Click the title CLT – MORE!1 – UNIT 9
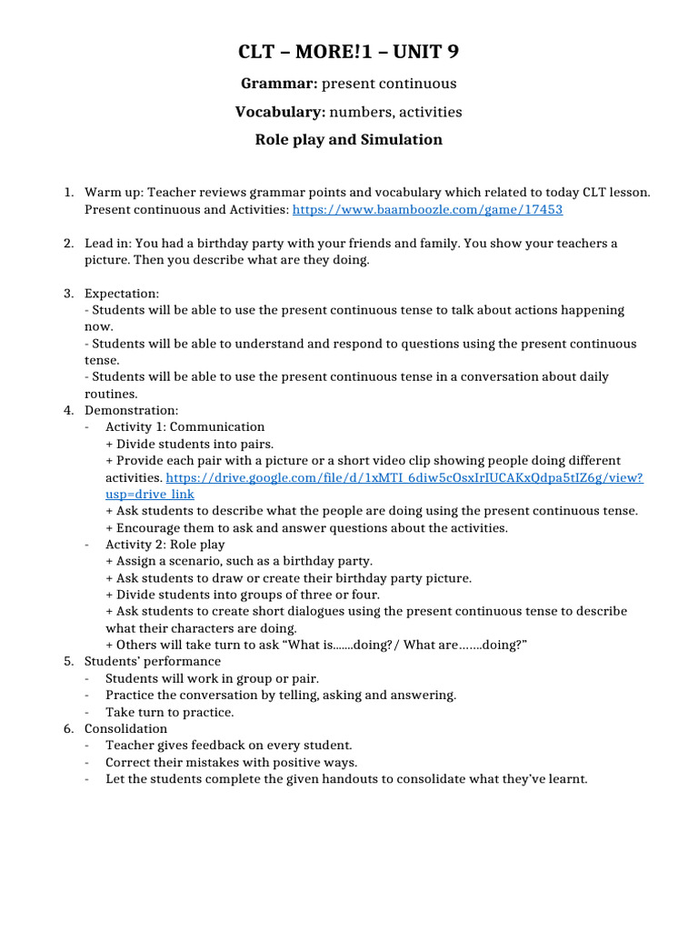[349, 53]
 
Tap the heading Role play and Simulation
[349, 140]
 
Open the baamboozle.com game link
[428, 209]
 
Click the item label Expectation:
[122, 294]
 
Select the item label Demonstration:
[132, 411]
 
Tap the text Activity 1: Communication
[185, 427]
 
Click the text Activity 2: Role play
[165, 545]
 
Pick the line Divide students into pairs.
[190, 444]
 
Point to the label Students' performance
[153, 661]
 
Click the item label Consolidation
[126, 728]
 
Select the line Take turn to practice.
[170, 712]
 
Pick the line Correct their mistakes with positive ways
[232, 762]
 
